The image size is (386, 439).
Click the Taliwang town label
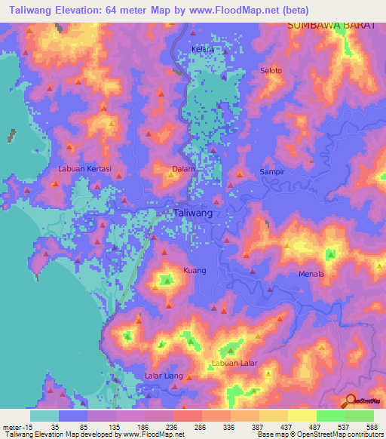[x=193, y=213]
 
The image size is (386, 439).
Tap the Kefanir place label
[x=204, y=50]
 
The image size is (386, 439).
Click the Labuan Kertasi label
[x=84, y=169]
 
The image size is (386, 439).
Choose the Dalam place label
[x=184, y=169]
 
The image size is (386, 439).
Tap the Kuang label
[x=195, y=270]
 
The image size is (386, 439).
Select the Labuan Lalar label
[x=234, y=363]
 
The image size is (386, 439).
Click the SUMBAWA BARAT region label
[x=331, y=26]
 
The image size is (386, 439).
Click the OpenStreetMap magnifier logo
[x=349, y=401]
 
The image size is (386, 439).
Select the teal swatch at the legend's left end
[x=44, y=415]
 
